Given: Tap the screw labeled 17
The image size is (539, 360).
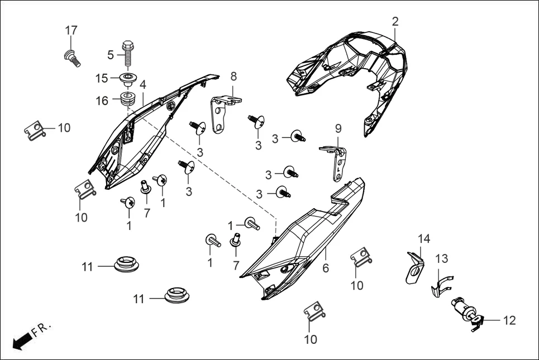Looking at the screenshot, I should (70, 56).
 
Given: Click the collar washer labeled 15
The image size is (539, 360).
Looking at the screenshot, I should (128, 78).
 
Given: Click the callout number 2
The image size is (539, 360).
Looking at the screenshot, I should (395, 22).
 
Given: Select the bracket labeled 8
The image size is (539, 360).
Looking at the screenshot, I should (223, 112).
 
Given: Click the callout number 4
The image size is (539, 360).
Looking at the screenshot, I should (143, 85).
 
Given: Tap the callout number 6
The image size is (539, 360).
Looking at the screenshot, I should (325, 268).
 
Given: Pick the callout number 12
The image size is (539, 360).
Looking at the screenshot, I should (509, 320).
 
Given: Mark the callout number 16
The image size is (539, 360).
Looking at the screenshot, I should (102, 101).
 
